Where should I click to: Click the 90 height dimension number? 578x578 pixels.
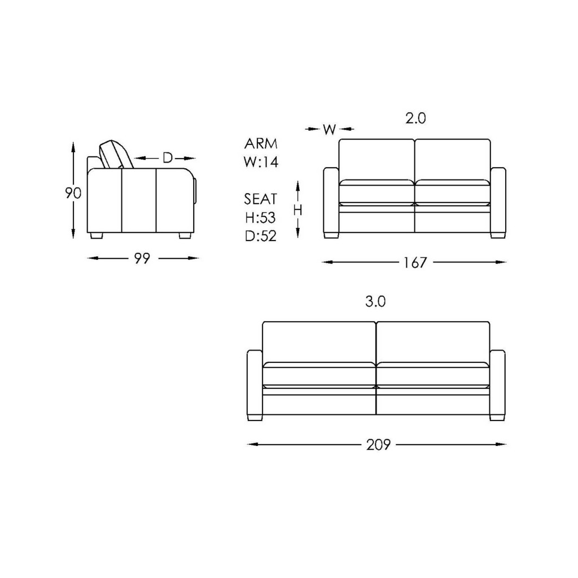coord(73,193)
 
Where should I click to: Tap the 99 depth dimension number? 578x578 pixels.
coord(142,259)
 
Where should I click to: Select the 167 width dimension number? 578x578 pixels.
coord(415,262)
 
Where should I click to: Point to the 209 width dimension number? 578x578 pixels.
coord(378,445)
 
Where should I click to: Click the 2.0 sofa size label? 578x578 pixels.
coord(416,119)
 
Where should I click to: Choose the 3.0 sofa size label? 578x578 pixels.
coord(375,301)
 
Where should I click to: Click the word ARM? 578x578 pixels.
coord(261,143)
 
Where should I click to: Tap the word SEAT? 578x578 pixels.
coord(261,199)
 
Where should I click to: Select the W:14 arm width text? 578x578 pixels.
coord(261,162)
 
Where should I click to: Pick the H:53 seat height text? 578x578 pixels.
coord(261,217)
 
